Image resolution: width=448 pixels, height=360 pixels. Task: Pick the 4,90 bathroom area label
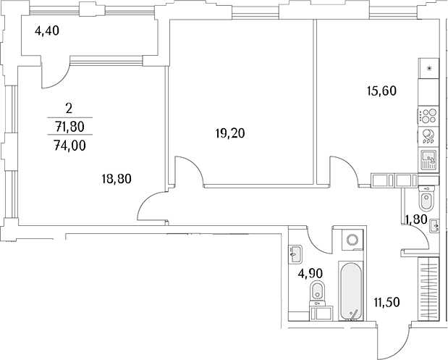coord(310,274)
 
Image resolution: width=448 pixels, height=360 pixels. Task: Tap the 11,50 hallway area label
coord(387,301)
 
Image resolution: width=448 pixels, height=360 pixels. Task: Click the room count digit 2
coord(68,109)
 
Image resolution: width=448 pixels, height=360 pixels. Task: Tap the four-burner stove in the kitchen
coord(428,117)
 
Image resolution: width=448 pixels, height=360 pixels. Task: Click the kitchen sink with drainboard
coord(428,160)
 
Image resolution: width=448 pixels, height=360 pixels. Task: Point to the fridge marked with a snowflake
coord(428,70)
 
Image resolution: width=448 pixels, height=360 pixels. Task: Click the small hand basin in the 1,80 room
coord(433,227)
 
